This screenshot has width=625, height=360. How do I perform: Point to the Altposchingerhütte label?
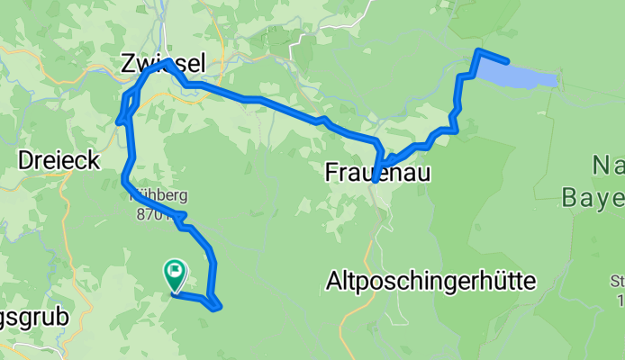430,281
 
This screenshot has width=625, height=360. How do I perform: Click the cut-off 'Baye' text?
592,196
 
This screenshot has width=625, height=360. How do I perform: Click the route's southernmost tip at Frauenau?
374,180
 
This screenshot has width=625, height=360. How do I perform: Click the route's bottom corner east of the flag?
217,308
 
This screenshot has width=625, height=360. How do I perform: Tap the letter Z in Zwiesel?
129,62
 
